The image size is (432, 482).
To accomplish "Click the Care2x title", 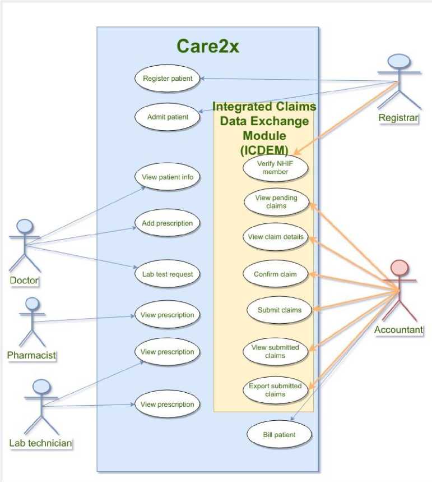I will (x=208, y=46).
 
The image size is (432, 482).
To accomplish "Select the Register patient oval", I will (x=167, y=79).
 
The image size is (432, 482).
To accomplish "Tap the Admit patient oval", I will (x=167, y=117).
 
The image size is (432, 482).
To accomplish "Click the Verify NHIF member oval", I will (x=275, y=167).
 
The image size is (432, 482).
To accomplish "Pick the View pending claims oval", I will (x=276, y=202).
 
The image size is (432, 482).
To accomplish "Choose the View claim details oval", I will (x=276, y=237).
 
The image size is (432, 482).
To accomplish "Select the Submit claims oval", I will (x=279, y=310).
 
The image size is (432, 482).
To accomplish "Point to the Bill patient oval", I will (x=278, y=434).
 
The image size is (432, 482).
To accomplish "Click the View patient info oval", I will (x=167, y=177).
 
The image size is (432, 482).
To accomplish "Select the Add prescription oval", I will (x=167, y=223).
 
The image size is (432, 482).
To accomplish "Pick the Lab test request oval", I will (x=167, y=274).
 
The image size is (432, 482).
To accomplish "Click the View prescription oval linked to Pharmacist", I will (x=167, y=315).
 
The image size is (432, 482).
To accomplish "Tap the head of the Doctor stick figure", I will (x=25, y=227).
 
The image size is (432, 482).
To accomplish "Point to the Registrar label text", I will (x=398, y=118).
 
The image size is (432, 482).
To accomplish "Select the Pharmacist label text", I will (x=32, y=355).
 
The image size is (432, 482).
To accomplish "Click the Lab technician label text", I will (x=40, y=443).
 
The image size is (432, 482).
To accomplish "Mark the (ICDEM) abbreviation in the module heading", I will (x=264, y=149).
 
